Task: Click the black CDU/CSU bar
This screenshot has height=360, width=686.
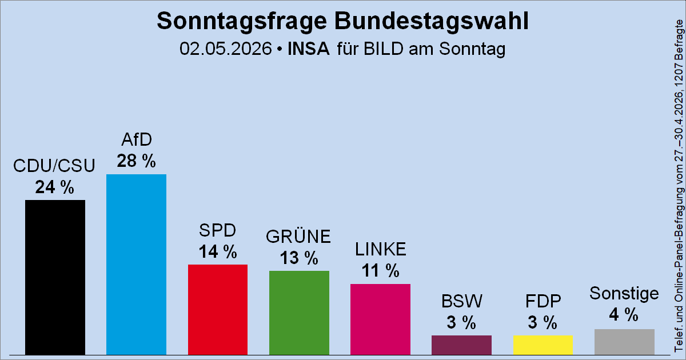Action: coord(55,277)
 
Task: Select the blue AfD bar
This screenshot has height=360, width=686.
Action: coord(136,265)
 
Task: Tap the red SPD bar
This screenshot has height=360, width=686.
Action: coord(218,310)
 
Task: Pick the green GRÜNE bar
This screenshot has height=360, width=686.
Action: coord(299,313)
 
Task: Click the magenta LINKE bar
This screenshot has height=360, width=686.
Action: coord(380,319)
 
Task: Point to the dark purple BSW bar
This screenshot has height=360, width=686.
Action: coord(461,345)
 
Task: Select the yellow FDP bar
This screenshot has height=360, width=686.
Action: coord(543,345)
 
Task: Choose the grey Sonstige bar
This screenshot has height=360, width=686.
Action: coord(624,342)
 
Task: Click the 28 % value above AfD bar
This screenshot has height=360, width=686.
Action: coord(136,161)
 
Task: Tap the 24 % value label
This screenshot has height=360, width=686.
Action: coord(54,187)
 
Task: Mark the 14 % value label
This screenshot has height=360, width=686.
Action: coord(218,251)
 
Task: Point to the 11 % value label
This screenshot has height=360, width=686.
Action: coord(380,271)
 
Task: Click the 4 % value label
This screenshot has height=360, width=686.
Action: coord(624,315)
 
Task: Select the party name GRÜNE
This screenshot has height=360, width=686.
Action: coord(298,237)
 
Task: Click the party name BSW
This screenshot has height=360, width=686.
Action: coord(461,301)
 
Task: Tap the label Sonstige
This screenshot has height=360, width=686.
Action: coord(624,293)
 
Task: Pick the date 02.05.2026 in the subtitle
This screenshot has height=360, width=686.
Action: coord(225,49)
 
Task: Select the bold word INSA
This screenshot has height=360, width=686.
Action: coord(308,49)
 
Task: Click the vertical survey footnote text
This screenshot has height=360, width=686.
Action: coord(679,186)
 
